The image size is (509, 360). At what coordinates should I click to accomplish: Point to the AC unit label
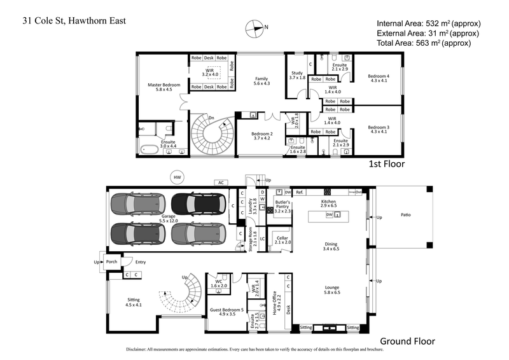pos(222,183)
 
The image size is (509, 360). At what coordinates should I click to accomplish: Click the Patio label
pos(405,215)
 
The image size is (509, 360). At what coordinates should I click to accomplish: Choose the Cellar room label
pos(282,239)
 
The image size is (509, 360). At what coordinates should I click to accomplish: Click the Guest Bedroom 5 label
pos(227,311)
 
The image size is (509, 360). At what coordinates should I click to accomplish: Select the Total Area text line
pos(424,43)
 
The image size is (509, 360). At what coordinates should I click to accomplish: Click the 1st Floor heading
pos(387,163)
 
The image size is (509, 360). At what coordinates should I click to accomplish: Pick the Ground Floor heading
pos(407,341)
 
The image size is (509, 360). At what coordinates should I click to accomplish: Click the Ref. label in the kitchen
pos(299,191)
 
